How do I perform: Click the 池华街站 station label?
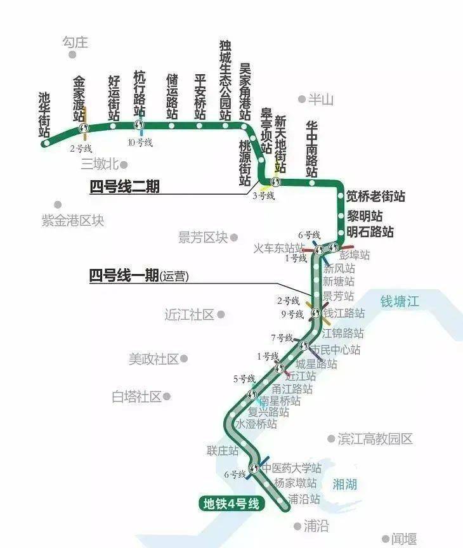[x=44, y=115]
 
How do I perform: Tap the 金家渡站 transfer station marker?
[x=84, y=129]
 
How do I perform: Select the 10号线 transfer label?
[x=140, y=142]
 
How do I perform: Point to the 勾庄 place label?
[x=75, y=42]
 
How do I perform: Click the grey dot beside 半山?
[x=302, y=99]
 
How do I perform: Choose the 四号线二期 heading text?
[x=124, y=186]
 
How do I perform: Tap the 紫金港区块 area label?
[x=72, y=220]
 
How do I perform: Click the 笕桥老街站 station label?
[x=375, y=197]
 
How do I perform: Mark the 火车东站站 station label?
[x=279, y=247]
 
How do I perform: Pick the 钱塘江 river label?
[x=400, y=301]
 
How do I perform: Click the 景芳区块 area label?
[x=202, y=237]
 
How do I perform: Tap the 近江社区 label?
[x=189, y=315]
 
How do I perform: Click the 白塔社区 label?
[x=136, y=397]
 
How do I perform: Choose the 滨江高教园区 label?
[x=375, y=439]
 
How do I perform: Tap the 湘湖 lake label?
[x=345, y=485]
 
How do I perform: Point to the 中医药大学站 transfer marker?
[x=254, y=469]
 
